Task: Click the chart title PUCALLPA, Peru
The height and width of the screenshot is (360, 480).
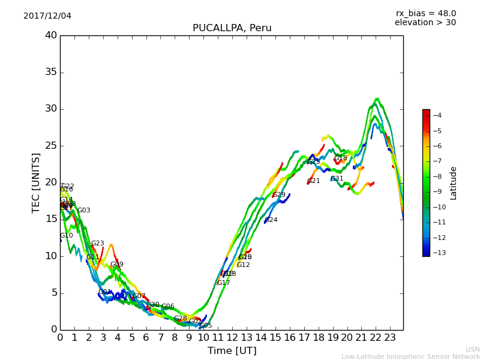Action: pos(232,28)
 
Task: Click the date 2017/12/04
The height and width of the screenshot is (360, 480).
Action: pos(47,16)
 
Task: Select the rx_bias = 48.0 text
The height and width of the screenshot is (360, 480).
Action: pos(425,13)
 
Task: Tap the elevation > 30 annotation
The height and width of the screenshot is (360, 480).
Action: pos(425,23)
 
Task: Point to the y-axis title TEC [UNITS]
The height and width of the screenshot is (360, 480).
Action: pos(36,182)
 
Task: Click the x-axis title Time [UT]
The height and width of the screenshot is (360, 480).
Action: pos(232,351)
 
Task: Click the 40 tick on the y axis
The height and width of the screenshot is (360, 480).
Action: pos(50,35)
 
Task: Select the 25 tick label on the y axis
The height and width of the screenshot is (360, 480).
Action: pos(50,146)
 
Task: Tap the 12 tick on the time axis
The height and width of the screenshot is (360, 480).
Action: pos(232,338)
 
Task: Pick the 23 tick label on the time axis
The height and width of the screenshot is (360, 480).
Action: pos(390,338)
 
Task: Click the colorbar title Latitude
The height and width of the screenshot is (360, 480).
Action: pos(454,183)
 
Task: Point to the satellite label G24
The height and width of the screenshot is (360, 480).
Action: pos(271,220)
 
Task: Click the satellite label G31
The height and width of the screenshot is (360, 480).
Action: pos(337,179)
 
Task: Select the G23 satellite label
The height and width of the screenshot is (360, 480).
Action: pos(98,244)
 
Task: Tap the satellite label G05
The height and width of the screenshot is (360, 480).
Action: pos(206,326)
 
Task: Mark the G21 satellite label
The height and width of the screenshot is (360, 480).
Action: pos(314,181)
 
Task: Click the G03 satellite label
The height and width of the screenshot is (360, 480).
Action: pos(84,211)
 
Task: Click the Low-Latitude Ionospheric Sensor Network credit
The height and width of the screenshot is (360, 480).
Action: pos(410,356)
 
